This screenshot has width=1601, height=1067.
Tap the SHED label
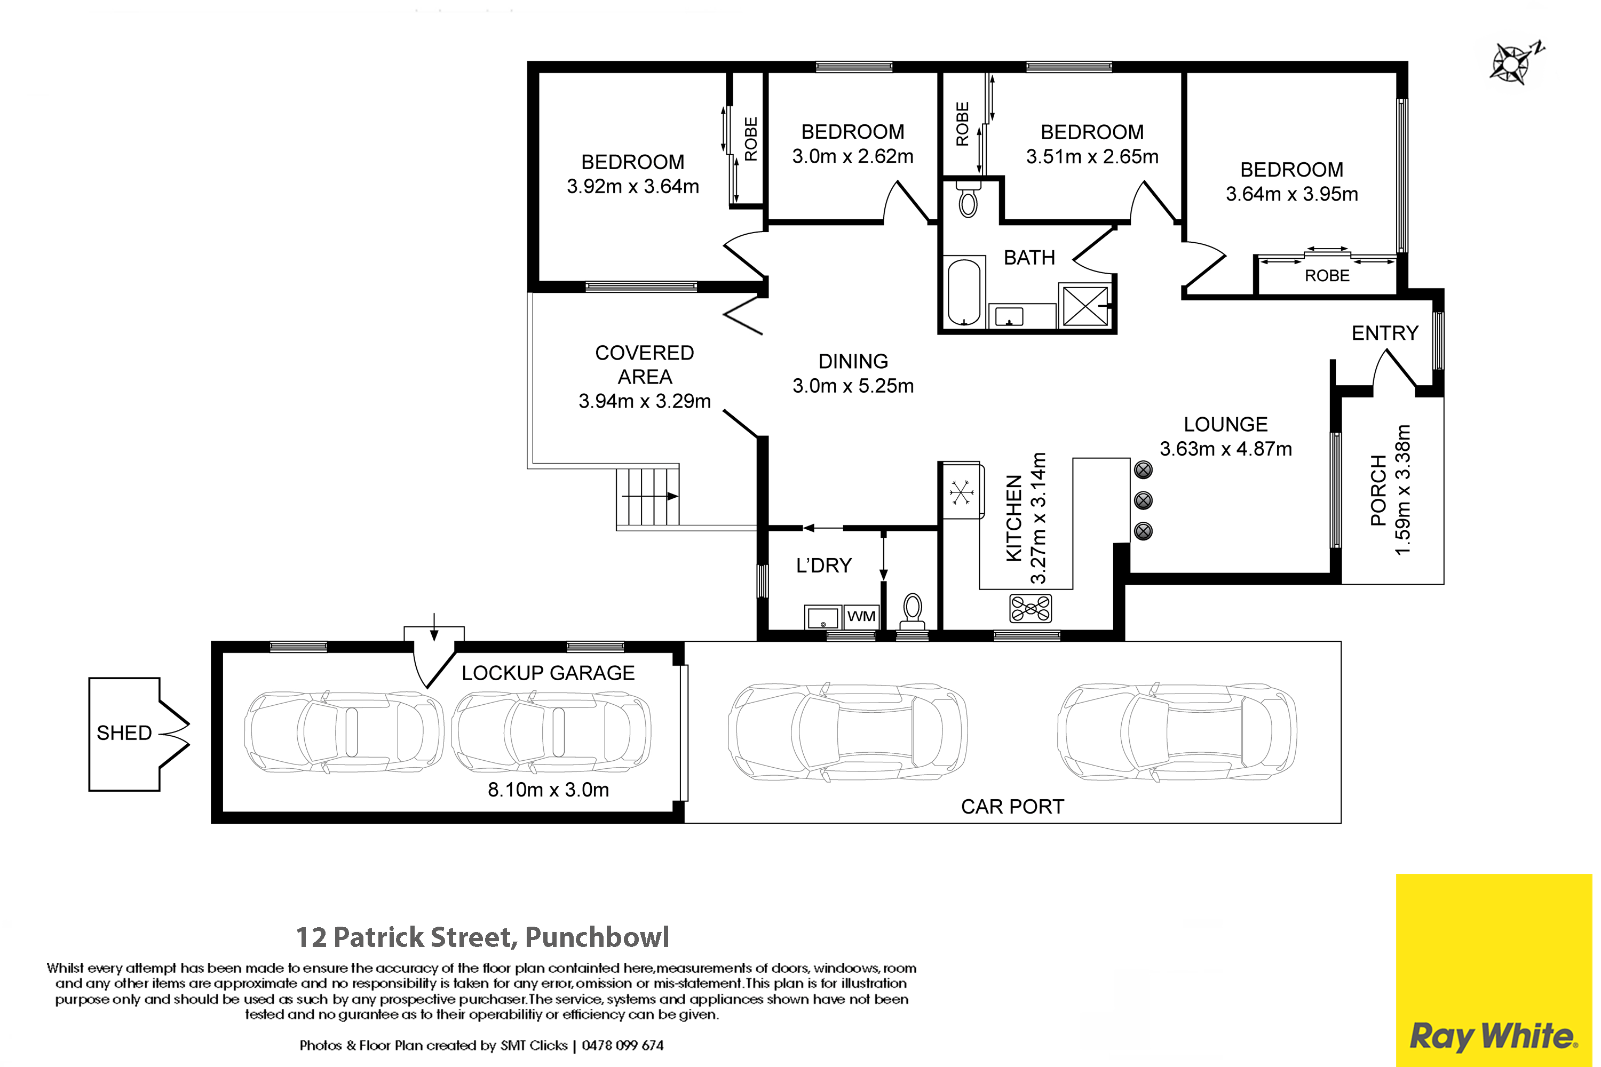124,733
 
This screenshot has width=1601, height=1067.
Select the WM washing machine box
861,617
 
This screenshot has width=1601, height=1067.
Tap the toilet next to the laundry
912,611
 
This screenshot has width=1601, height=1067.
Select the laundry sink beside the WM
823,617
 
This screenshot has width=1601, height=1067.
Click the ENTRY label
1384,333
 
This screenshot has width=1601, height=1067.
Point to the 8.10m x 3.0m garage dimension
548,790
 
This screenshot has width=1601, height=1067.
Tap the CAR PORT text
1012,806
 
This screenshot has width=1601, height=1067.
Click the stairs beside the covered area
648,497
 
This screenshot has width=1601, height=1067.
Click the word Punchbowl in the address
597,937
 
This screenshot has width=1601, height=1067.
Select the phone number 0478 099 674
622,1045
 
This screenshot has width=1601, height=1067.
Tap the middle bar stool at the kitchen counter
1144,500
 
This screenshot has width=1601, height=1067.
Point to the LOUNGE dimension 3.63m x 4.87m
1225,449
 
